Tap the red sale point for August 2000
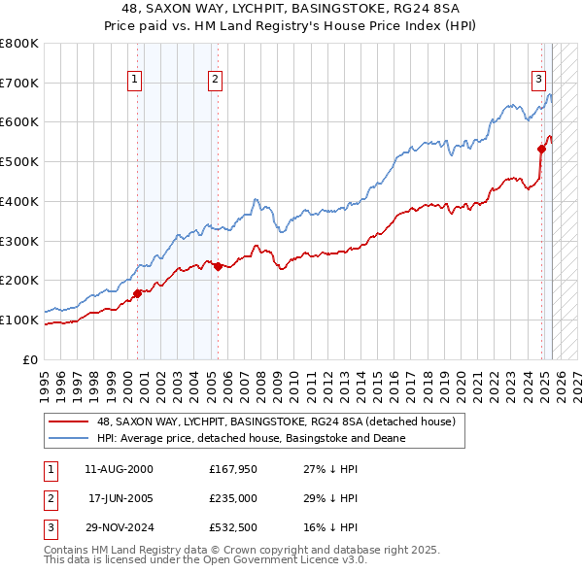138,292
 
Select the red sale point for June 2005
219,266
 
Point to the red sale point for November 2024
542,149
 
